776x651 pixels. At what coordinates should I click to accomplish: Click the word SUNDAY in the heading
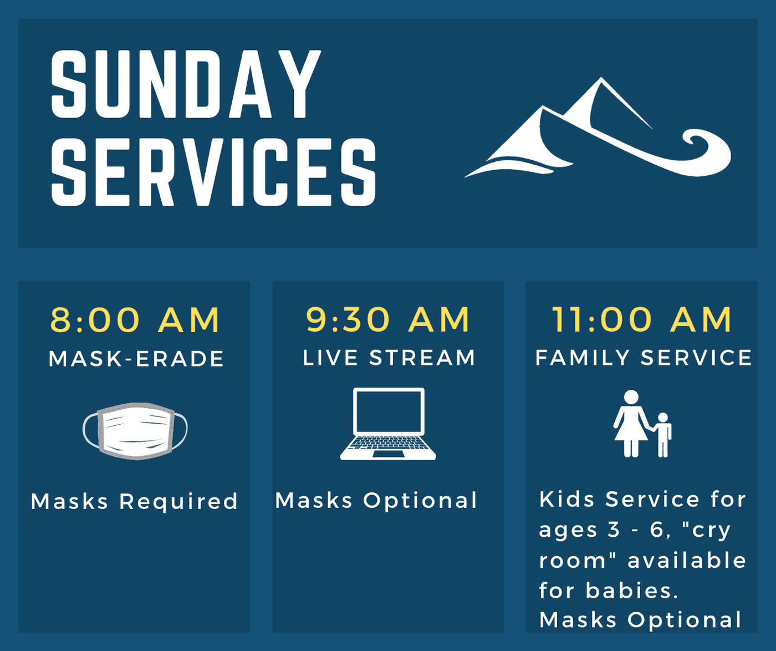coord(186,84)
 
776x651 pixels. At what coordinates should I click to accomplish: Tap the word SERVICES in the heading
coord(214,171)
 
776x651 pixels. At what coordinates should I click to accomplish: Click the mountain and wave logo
coord(598,128)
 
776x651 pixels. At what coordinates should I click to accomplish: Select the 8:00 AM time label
coord(135,320)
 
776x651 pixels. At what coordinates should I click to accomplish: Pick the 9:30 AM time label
coord(388,319)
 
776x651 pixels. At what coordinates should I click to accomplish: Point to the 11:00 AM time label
coord(642,319)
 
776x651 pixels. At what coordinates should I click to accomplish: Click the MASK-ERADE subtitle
coord(136,359)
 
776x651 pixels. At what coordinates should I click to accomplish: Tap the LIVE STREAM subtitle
coord(389,358)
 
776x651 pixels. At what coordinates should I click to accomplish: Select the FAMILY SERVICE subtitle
coord(644,358)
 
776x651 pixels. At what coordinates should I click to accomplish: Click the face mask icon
coord(135,431)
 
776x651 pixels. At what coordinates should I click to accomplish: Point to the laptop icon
coord(388,424)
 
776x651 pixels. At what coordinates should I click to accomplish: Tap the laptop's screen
coord(389,411)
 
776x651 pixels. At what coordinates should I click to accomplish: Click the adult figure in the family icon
coord(631,424)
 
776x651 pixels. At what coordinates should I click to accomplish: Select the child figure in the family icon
coord(663,435)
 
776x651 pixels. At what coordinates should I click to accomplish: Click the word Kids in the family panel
coord(567,499)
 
